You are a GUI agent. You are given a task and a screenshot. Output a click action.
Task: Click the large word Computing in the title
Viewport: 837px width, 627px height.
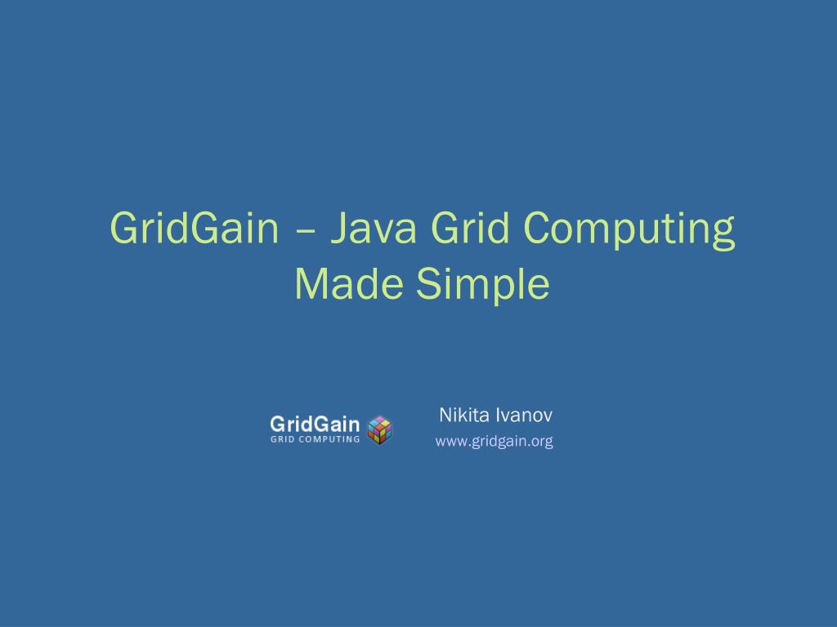pos(629,231)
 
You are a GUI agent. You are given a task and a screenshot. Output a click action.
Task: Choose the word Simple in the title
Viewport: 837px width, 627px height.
pos(483,285)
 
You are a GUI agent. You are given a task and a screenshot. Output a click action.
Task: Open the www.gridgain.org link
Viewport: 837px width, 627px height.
pos(494,442)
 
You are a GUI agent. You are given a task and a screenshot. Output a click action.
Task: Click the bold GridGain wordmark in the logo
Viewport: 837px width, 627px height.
pos(315,424)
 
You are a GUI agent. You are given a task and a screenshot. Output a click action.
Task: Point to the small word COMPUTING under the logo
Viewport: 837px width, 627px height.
pos(329,438)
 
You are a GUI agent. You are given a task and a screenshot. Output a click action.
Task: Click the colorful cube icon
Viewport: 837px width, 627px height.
pos(380,429)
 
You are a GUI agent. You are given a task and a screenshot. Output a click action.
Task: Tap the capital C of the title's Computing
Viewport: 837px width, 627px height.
pos(539,229)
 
